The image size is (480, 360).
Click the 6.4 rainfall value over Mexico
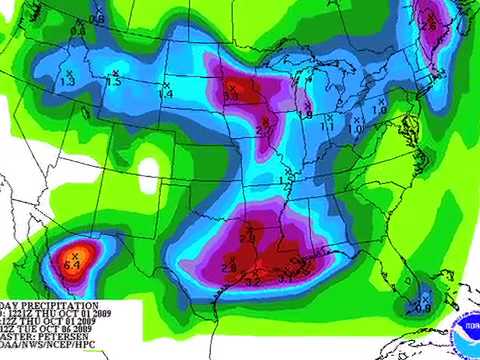click(72, 265)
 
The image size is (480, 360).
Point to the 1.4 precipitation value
click(167, 93)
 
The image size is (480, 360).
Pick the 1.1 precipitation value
click(328, 127)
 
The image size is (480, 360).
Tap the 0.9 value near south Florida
click(422, 307)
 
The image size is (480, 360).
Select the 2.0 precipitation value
click(248, 239)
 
